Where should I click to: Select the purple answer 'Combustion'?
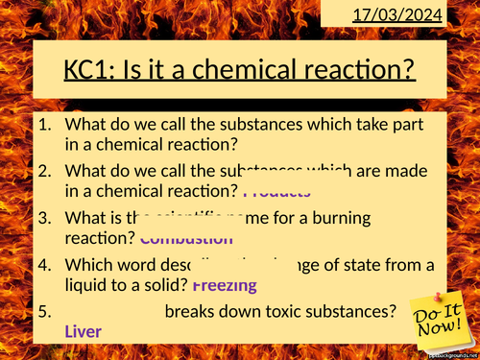tap(186, 238)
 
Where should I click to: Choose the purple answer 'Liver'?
tap(83, 331)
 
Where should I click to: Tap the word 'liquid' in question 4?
tap(90, 284)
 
